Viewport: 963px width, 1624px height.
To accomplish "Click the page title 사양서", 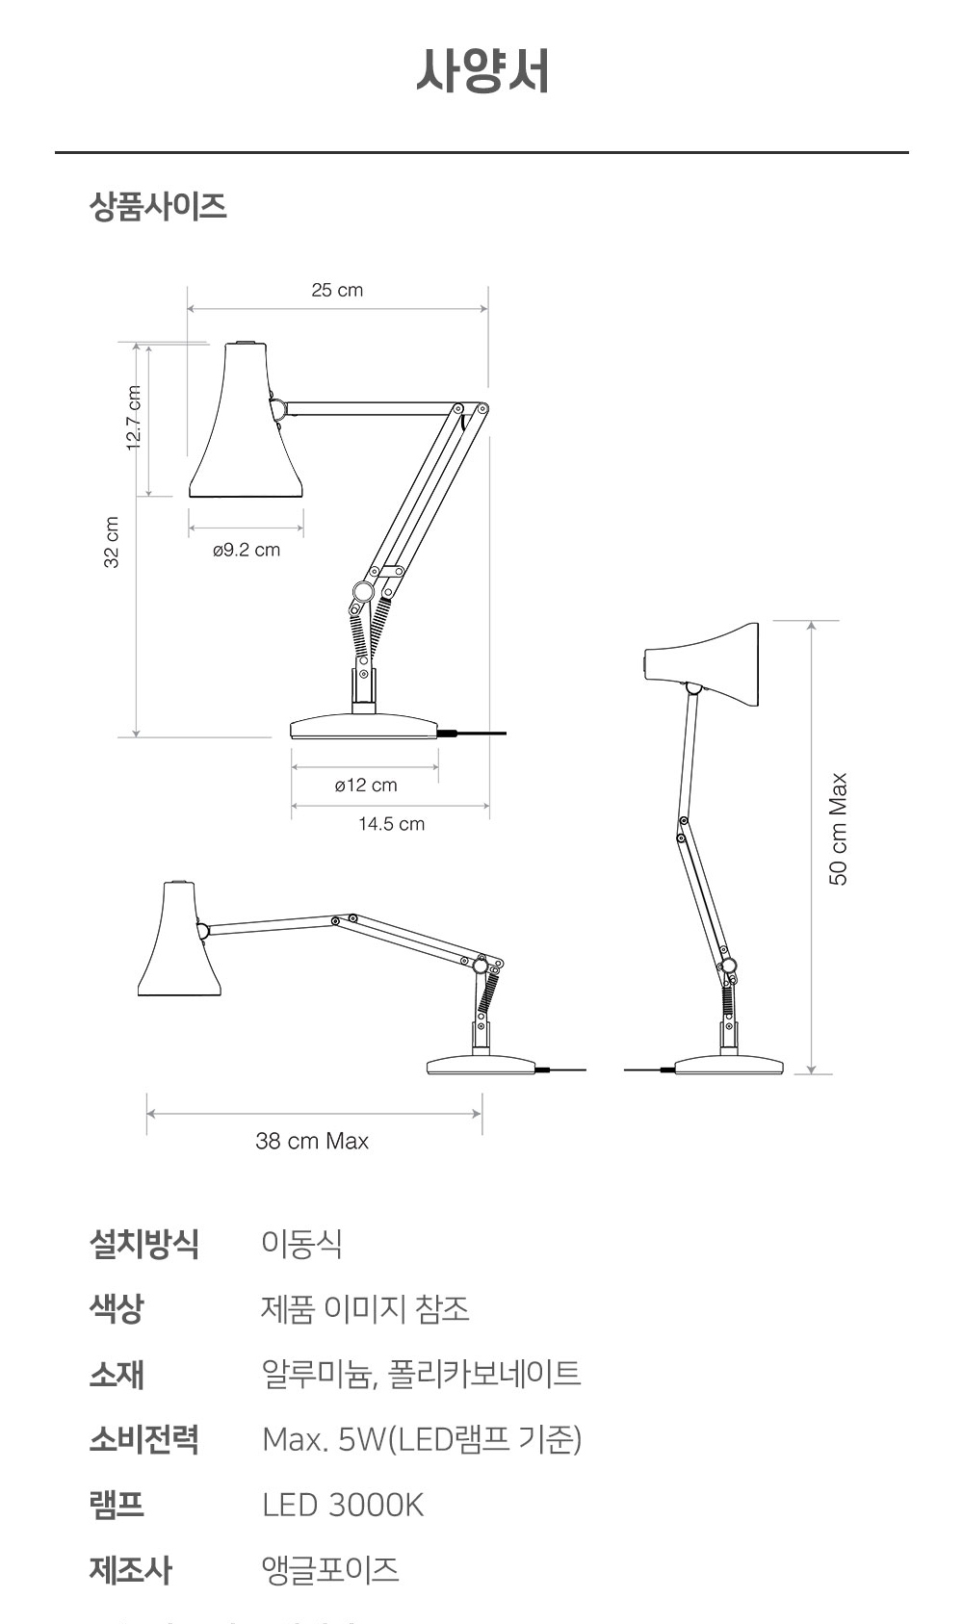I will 482,71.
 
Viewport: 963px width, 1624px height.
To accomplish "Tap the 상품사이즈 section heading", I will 158,206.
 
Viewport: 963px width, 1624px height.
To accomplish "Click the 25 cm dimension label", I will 337,290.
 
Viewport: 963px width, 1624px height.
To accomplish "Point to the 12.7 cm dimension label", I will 134,418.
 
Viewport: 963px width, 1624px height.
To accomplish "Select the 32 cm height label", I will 112,542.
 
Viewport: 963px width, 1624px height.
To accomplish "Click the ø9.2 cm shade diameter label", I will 247,550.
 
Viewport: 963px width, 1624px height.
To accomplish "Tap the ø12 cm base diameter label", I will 366,785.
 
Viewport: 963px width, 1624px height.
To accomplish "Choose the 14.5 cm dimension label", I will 391,824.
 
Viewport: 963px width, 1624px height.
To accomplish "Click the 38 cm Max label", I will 312,1141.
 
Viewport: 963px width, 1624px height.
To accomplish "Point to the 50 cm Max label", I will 839,829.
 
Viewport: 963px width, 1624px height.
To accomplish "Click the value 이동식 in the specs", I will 301,1243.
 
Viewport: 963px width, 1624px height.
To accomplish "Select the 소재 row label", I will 117,1374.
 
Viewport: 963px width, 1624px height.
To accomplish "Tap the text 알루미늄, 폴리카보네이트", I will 421,1374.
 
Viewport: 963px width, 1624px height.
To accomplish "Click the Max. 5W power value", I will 421,1439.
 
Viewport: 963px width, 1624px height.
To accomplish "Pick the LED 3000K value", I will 342,1505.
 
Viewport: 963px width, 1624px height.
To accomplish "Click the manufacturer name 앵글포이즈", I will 329,1570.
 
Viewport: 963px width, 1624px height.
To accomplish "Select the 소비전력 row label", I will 143,1439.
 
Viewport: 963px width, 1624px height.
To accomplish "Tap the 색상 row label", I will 117,1308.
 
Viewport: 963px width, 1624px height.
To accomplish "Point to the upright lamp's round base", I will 729,1066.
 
